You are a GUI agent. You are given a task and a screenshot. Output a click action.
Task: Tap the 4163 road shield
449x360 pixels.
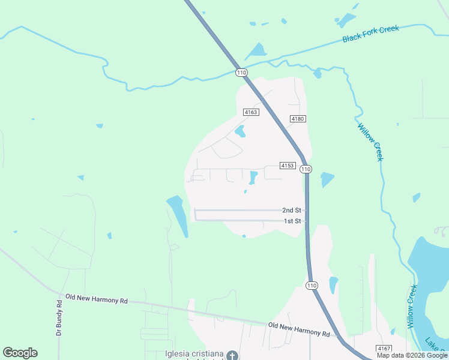click(251, 112)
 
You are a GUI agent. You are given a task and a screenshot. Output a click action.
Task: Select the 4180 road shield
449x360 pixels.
click(298, 119)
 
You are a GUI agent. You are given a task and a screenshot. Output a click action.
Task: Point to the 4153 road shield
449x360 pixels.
click(288, 166)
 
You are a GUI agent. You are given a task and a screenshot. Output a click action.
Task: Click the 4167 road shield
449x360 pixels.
click(384, 349)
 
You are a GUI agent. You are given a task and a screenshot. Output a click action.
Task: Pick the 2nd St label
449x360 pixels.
click(291, 211)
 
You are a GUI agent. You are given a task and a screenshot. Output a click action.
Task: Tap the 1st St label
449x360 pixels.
click(292, 221)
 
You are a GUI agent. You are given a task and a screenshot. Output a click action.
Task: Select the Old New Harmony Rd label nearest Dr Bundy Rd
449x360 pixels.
click(97, 298)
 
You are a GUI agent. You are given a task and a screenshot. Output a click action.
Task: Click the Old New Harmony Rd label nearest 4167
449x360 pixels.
click(299, 329)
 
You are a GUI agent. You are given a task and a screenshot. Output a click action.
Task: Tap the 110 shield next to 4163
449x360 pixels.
click(241, 73)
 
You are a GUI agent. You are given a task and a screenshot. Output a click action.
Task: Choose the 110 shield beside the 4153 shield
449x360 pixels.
click(306, 169)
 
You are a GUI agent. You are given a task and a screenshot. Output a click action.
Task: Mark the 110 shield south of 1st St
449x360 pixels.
click(311, 284)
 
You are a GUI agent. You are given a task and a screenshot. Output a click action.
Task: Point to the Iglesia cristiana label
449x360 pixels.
click(194, 353)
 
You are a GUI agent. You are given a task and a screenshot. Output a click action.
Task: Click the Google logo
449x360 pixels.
click(20, 353)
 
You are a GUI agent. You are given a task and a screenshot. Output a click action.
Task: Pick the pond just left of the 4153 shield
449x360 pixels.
click(253, 178)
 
